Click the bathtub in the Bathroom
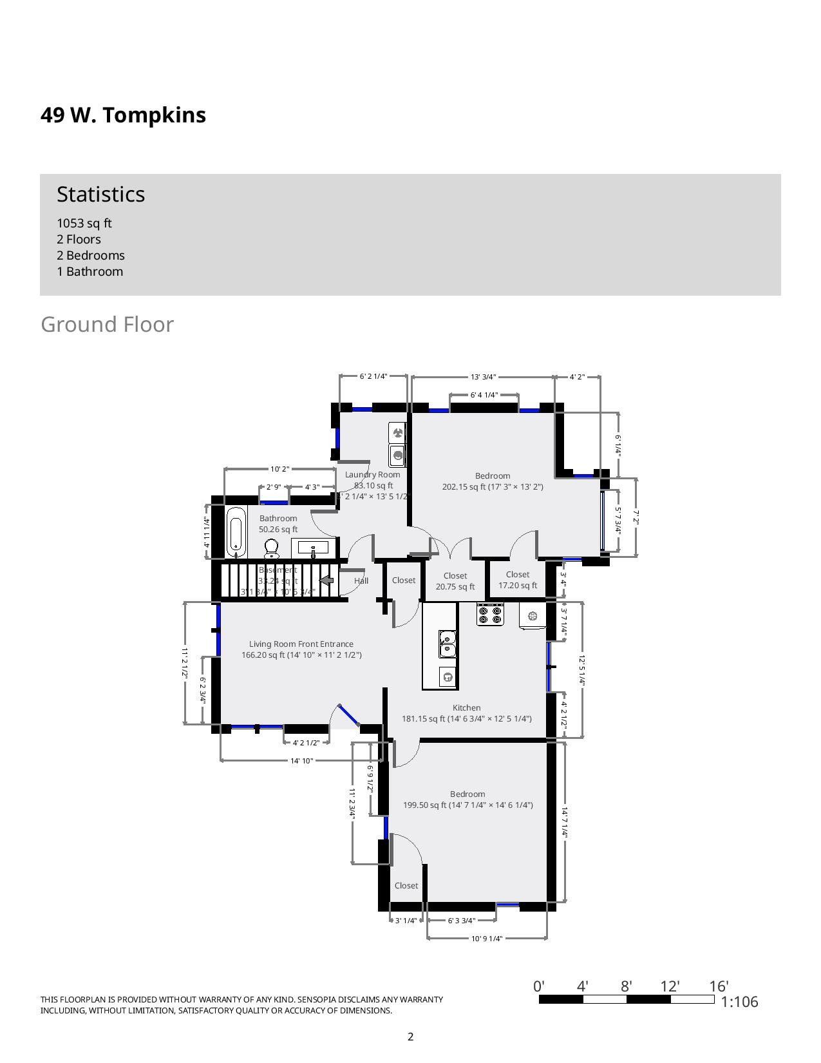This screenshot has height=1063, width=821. coord(236,532)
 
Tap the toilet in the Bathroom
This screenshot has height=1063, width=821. coord(272,549)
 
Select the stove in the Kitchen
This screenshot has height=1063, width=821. coord(490,614)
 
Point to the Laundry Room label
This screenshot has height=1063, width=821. coord(373,475)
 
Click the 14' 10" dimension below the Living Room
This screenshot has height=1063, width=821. coord(301,761)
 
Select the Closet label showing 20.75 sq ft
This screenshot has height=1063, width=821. coord(455,581)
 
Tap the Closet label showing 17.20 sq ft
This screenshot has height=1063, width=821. coord(518,580)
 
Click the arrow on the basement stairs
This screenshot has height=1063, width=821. coord(327,580)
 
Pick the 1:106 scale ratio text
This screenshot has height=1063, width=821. coord(739,1002)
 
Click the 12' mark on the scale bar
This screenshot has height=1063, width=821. coord(670,986)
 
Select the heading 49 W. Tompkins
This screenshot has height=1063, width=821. coord(124,115)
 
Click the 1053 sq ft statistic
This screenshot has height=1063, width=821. coord(84,224)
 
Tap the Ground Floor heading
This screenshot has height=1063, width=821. coord(107,325)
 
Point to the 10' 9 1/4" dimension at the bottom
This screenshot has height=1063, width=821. coord(487,939)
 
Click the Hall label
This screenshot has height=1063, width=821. coord(361,581)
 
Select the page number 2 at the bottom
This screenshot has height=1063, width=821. coord(410,1037)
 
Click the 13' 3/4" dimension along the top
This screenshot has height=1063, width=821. coord(484,377)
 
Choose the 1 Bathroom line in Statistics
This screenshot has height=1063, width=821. coord(90,272)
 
